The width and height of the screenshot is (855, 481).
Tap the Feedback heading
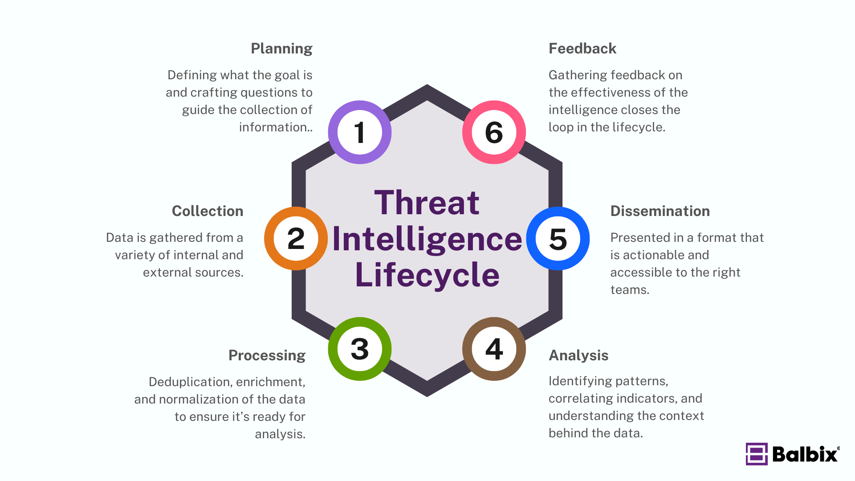point(582,49)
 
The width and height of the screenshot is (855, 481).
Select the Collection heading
point(208,211)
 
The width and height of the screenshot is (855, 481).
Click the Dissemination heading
point(660,211)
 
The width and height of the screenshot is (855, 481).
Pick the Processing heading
point(267,356)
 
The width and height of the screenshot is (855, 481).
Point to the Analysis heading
point(578,356)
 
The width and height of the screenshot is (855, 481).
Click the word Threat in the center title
point(427,203)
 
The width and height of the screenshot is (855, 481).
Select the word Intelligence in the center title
point(427,240)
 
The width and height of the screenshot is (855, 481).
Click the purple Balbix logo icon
point(757,454)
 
